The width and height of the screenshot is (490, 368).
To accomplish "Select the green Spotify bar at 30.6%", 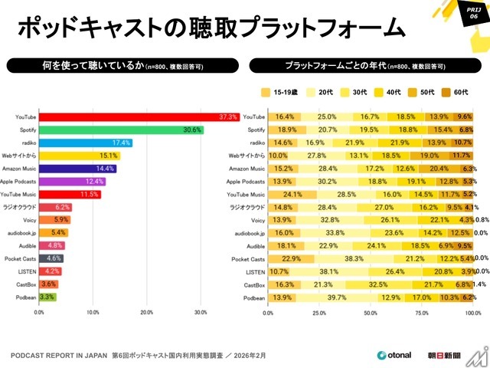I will coord(121,130).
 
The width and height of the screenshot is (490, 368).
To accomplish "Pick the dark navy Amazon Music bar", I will coord(77,168).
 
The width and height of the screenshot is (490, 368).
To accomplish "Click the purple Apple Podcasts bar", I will coord(72,181).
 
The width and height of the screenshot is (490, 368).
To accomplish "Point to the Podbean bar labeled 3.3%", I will coord(47,296).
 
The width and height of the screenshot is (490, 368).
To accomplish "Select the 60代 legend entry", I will coord(457,93).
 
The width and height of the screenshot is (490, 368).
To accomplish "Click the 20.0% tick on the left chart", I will coord(147,313).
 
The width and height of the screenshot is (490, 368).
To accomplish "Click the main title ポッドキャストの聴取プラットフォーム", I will coord(210,28).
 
